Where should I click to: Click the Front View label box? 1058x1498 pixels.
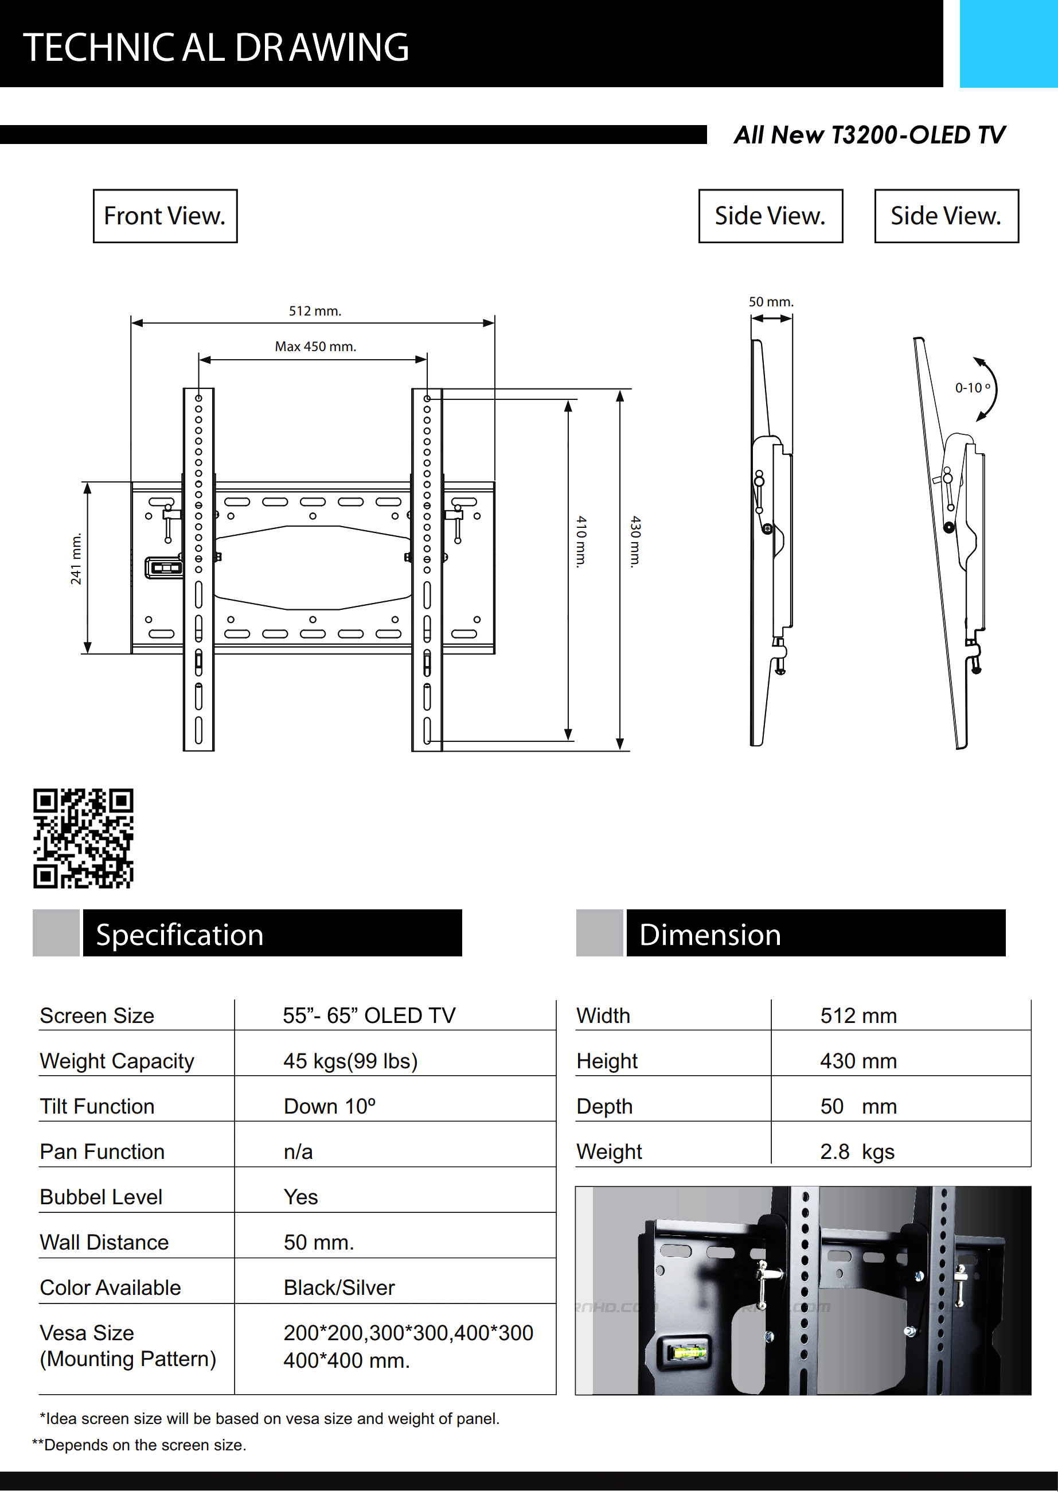pyautogui.click(x=165, y=216)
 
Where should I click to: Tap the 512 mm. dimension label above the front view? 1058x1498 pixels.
pyautogui.click(x=315, y=310)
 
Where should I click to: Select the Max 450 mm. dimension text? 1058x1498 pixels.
pyautogui.click(x=315, y=347)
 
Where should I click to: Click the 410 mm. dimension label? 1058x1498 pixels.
pyautogui.click(x=581, y=541)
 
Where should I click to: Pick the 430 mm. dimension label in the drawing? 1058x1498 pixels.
pyautogui.click(x=635, y=541)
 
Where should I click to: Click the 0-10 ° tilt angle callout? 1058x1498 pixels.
pyautogui.click(x=972, y=387)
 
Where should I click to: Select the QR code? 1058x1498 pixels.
pyautogui.click(x=84, y=838)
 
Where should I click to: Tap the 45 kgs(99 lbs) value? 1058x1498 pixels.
pyautogui.click(x=350, y=1061)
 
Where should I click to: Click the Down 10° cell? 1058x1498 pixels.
pyautogui.click(x=329, y=1107)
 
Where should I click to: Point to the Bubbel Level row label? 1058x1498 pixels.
pyautogui.click(x=101, y=1197)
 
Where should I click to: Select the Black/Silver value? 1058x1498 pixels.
pyautogui.click(x=339, y=1288)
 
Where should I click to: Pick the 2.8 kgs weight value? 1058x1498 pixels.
pyautogui.click(x=857, y=1151)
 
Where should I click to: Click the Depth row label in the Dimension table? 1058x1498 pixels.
pyautogui.click(x=604, y=1107)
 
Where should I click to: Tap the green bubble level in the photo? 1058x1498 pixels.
pyautogui.click(x=688, y=1352)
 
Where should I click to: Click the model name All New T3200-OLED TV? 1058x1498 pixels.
pyautogui.click(x=869, y=135)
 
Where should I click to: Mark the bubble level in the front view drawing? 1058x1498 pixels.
pyautogui.click(x=165, y=567)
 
